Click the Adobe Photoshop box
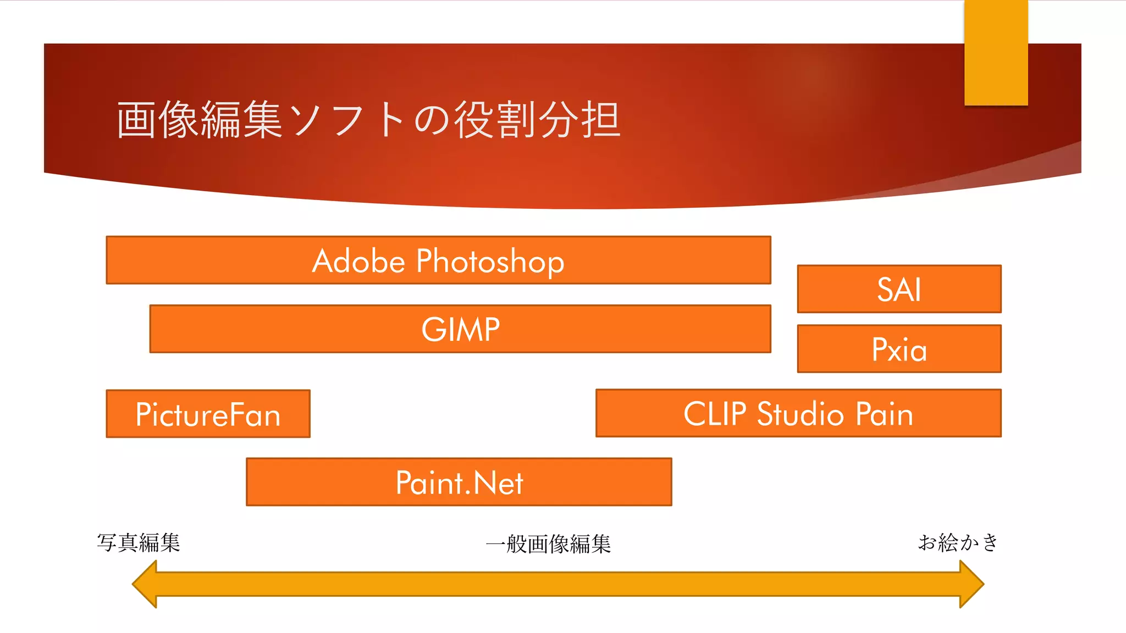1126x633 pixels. [x=438, y=260]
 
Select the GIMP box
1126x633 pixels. [x=460, y=329]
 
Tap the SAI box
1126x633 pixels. [x=899, y=289]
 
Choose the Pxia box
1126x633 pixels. [x=899, y=348]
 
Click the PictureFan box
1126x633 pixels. [x=208, y=414]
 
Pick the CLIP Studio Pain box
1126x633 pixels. [x=798, y=413]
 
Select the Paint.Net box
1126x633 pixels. [x=459, y=482]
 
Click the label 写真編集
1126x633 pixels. [x=139, y=543]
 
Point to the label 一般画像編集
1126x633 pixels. [x=548, y=544]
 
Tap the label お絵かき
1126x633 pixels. [x=958, y=542]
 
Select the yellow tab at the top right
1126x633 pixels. [x=996, y=53]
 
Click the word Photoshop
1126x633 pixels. [x=490, y=261]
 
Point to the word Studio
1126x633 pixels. [x=800, y=414]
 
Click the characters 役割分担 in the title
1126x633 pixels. [x=537, y=119]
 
